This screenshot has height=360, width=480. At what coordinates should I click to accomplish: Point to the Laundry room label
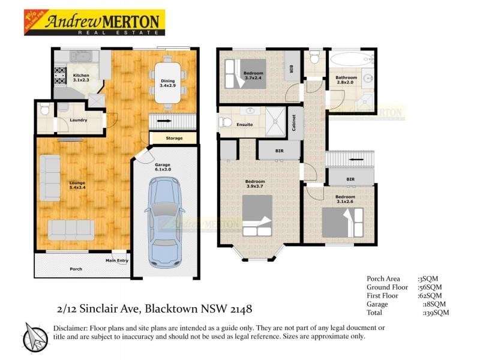click(x=78, y=120)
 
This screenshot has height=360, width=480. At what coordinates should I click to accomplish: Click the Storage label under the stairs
click(x=174, y=139)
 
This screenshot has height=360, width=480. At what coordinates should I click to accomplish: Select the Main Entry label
click(x=117, y=260)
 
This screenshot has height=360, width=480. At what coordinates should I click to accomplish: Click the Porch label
click(x=76, y=269)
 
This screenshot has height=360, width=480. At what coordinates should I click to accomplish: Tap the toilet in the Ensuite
click(x=225, y=122)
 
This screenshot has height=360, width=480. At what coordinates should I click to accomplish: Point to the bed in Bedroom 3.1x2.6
click(x=343, y=222)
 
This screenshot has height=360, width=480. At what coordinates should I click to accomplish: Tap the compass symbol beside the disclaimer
click(x=35, y=336)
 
